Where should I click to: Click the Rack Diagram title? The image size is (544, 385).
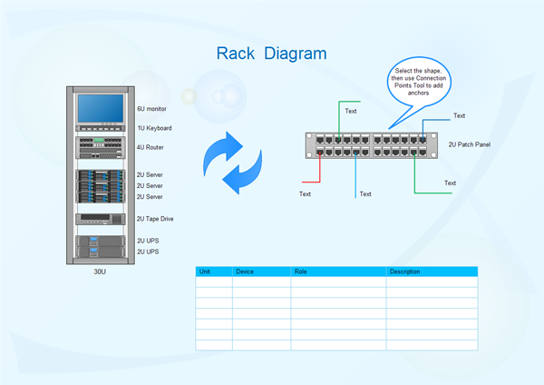pos(272,54)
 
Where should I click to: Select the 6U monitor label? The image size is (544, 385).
pos(152,108)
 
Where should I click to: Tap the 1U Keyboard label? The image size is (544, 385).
pos(154,128)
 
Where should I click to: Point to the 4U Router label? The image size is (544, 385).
pos(151,147)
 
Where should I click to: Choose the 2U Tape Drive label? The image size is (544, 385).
pos(154,219)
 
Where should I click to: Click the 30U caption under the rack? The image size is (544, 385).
pos(100,271)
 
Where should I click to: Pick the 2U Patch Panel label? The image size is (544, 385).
pos(470,144)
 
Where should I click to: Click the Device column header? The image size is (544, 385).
pos(245,271)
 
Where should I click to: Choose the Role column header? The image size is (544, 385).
pos(300,271)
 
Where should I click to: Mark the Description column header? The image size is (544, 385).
pos(404,271)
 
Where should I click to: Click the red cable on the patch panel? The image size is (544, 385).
pos(319,168)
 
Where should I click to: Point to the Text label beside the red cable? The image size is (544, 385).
pos(305,193)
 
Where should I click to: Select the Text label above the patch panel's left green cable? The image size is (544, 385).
pos(351,112)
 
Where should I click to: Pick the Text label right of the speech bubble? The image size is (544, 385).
pos(459,116)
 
